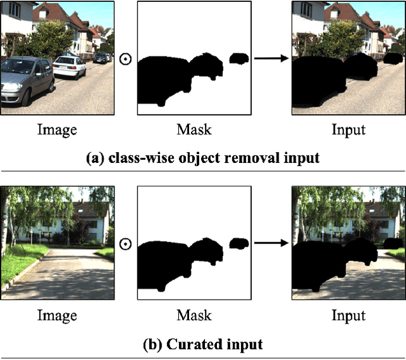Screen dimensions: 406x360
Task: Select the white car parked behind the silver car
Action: coord(69,66)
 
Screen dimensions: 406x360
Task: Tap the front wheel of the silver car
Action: coord(25,96)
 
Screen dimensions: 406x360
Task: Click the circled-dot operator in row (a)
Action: coord(126,59)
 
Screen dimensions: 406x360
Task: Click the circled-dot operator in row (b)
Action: coord(126,244)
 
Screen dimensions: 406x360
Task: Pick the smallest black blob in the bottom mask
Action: coord(239,243)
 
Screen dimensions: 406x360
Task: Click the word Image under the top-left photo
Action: coord(57,131)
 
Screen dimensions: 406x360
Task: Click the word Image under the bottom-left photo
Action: coord(57,315)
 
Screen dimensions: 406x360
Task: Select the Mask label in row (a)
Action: coord(194,131)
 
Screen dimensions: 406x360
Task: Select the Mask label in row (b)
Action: coord(194,315)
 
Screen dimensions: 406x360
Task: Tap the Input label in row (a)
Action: coord(348,131)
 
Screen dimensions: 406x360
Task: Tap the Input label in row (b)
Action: coord(348,315)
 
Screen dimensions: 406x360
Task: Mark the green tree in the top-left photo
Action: coord(44,38)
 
